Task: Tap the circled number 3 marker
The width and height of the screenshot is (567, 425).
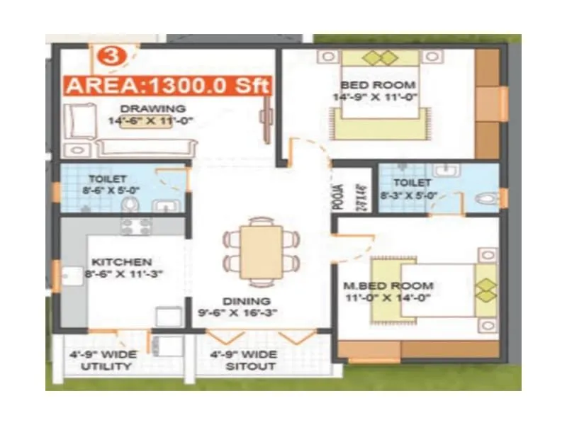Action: pyautogui.click(x=109, y=55)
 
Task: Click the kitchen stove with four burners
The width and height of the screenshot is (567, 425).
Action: pyautogui.click(x=135, y=225)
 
